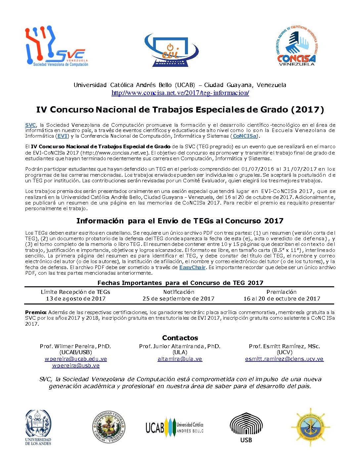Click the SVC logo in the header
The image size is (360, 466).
(57, 47)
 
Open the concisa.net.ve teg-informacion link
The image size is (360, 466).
(180, 93)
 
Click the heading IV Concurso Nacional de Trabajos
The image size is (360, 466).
(180, 110)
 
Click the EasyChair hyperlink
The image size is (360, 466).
(192, 267)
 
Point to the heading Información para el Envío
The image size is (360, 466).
(180, 221)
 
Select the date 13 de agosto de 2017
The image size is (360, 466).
(76, 299)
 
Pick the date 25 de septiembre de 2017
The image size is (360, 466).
(178, 299)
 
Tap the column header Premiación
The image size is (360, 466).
(281, 292)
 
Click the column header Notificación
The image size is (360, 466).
(179, 292)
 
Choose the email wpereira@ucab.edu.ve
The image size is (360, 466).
(76, 359)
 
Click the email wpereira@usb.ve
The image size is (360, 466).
(76, 366)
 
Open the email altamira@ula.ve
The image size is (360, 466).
(180, 359)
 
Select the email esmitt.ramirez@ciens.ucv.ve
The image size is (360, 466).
(284, 359)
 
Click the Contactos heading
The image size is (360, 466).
(180, 338)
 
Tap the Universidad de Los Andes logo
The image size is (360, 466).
(38, 427)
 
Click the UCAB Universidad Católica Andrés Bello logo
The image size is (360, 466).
(174, 427)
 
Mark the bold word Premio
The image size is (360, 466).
(36, 312)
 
